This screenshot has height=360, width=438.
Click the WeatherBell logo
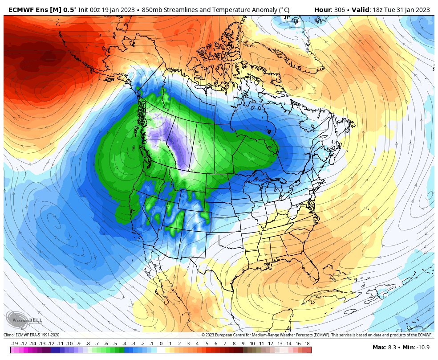tap(24, 320)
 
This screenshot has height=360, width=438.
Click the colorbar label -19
tap(15, 344)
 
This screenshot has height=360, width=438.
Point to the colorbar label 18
tap(307, 344)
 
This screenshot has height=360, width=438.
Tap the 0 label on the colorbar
tap(161, 344)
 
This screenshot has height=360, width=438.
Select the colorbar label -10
tap(69, 344)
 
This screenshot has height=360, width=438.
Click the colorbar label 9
tap(243, 344)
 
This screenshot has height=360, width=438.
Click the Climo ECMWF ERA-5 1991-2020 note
tap(31, 335)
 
